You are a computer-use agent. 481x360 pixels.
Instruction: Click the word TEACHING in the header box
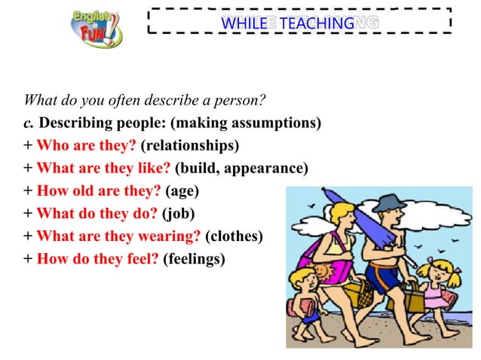coord(317,23)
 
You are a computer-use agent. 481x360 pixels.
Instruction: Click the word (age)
coord(182,191)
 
